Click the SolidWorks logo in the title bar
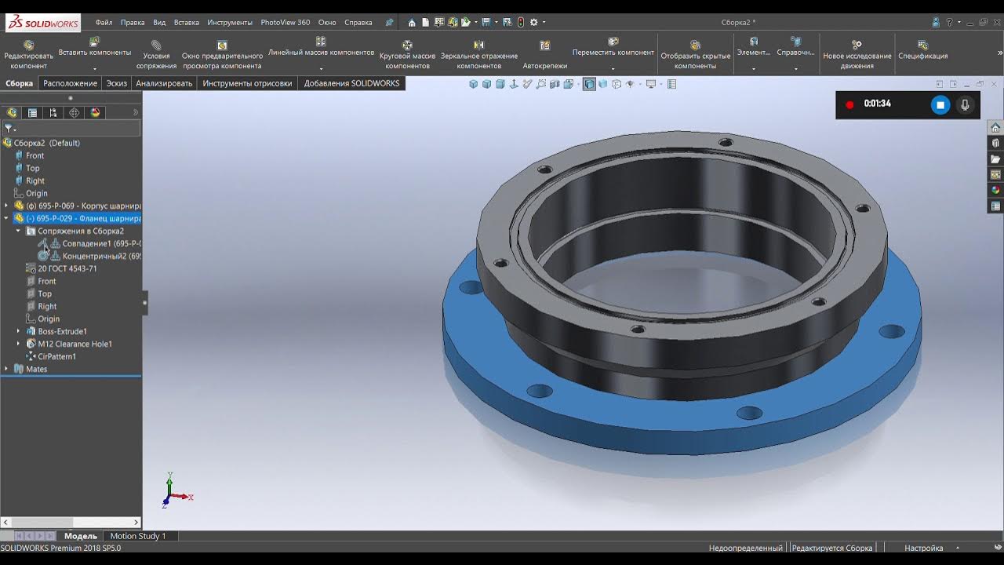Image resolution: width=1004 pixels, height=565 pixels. click(x=43, y=23)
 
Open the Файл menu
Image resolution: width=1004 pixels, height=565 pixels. click(x=104, y=23)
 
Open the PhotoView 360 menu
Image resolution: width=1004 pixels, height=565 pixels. click(x=285, y=23)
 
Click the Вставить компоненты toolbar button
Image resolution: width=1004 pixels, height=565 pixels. click(x=94, y=46)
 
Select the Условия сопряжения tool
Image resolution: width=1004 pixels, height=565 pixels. click(x=156, y=54)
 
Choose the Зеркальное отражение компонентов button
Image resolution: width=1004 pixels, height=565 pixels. click(x=478, y=54)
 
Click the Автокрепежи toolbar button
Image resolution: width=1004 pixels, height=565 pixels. click(x=544, y=54)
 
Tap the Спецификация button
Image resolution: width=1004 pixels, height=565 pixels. click(x=922, y=50)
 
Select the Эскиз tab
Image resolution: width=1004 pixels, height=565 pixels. click(x=116, y=83)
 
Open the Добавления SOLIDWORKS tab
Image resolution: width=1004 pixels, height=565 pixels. click(x=351, y=83)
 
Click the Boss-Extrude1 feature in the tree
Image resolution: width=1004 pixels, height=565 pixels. click(x=62, y=331)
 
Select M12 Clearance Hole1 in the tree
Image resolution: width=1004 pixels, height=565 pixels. click(x=75, y=344)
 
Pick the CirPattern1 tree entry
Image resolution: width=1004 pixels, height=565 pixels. click(x=56, y=356)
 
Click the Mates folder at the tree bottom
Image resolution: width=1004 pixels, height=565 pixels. click(x=36, y=369)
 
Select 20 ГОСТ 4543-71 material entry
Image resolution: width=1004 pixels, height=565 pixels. click(x=67, y=268)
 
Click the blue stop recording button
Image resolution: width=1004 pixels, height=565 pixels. click(x=940, y=104)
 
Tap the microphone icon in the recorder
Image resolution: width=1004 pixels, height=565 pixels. click(x=965, y=104)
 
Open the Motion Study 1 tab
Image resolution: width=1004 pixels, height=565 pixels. click(x=137, y=536)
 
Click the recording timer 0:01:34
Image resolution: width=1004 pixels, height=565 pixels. click(x=877, y=104)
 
